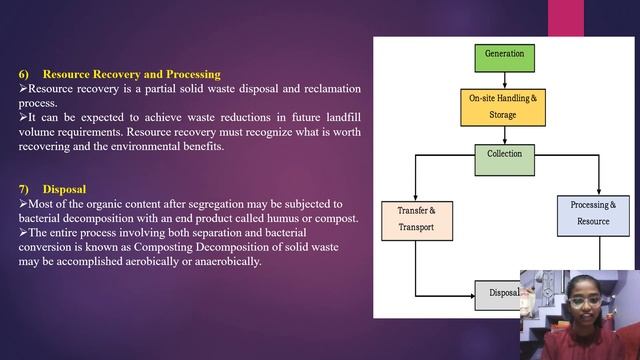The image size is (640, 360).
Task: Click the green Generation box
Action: click(503, 54)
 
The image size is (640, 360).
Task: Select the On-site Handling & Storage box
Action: click(503, 105)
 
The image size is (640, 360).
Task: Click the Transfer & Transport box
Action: click(417, 219)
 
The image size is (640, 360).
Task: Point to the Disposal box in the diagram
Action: click(500, 294)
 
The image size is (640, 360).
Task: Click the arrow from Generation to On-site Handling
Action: click(503, 79)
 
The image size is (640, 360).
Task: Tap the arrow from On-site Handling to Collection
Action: click(503, 135)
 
